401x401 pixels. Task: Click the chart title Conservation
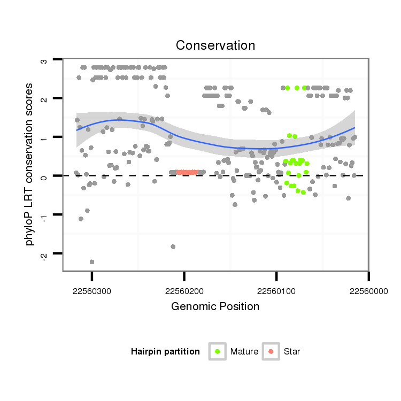tap(215, 44)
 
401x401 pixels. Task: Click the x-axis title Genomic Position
tap(215, 307)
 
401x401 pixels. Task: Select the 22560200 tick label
tap(184, 291)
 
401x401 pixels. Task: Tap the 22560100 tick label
tap(276, 291)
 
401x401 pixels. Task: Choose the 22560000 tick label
tap(368, 291)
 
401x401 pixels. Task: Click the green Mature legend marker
tap(218, 351)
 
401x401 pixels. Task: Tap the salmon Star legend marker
tap(272, 351)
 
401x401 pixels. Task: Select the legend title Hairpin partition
tap(165, 352)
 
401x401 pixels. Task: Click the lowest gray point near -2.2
tap(92, 262)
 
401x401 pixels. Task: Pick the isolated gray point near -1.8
tap(173, 246)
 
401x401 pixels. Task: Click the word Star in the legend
tap(292, 352)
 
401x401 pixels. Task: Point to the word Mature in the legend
tap(244, 352)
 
